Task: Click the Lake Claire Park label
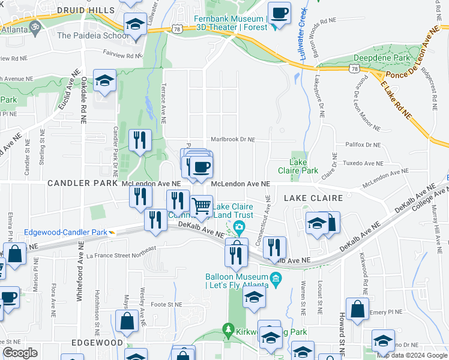tap(303, 166)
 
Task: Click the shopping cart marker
tap(202, 206)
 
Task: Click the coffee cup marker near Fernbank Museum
tap(279, 13)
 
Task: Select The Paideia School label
tap(92, 35)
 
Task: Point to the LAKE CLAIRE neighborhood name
tap(313, 197)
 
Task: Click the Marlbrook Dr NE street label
tap(232, 139)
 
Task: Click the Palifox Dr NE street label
tap(363, 145)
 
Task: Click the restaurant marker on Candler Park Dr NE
tap(140, 141)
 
